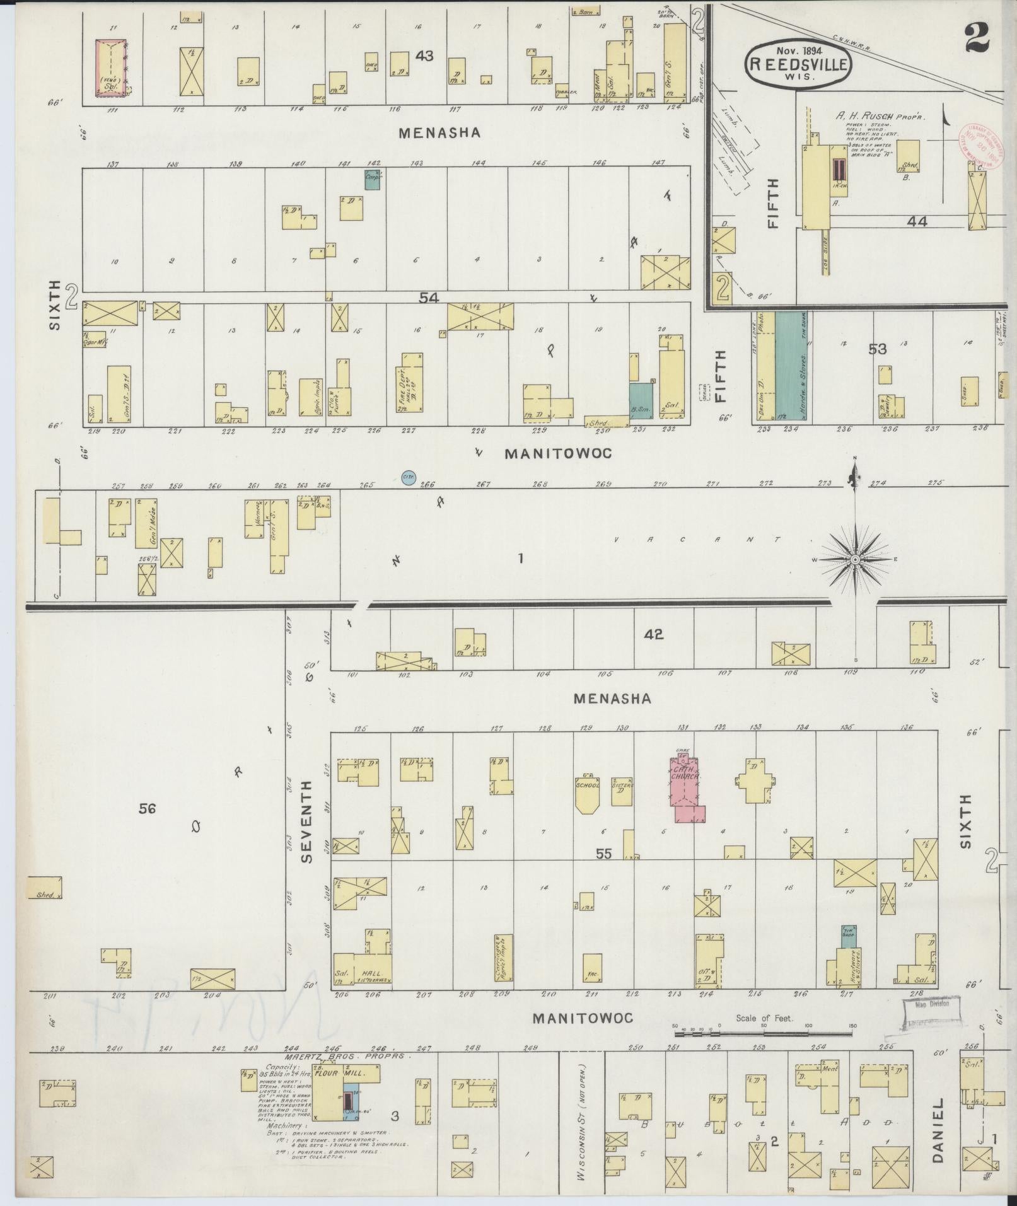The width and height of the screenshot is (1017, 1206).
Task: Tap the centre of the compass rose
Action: coord(855,560)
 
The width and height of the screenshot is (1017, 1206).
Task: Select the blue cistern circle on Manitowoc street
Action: coord(407,478)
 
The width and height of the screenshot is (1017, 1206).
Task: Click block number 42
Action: coord(654,634)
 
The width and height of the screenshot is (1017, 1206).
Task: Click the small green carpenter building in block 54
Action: coord(373,180)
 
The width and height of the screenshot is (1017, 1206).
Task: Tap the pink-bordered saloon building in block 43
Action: coord(110,68)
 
